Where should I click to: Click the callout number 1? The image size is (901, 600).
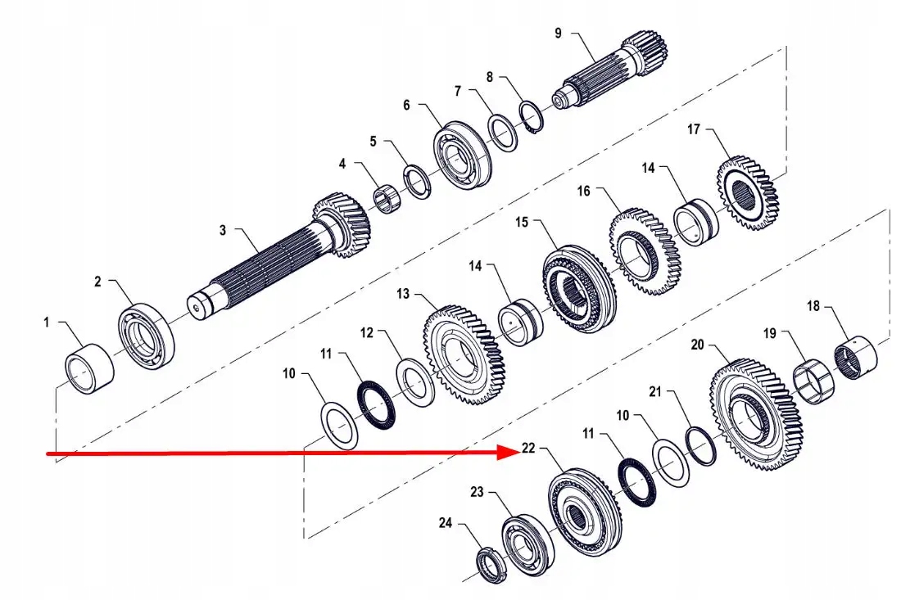click(47, 323)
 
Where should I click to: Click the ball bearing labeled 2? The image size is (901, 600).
click(147, 336)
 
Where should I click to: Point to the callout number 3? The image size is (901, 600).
click(222, 231)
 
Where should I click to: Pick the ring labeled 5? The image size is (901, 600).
click(418, 182)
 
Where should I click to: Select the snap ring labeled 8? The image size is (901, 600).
click(532, 116)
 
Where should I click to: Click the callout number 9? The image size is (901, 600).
click(558, 33)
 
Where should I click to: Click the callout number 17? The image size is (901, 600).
click(694, 129)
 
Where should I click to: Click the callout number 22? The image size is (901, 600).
click(528, 449)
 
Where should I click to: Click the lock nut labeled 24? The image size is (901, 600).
click(490, 564)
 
